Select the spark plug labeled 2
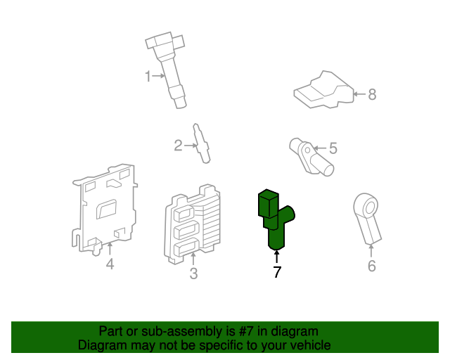pos(202,143)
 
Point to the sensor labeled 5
pos(311,156)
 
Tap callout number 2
pos(178,146)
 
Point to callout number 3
pos(194,274)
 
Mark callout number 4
pos(110,264)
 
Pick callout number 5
pos(333,148)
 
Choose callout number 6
pos(372,266)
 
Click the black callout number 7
pos(277,272)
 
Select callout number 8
pos(372,94)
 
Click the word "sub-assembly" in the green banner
pos(164,330)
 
